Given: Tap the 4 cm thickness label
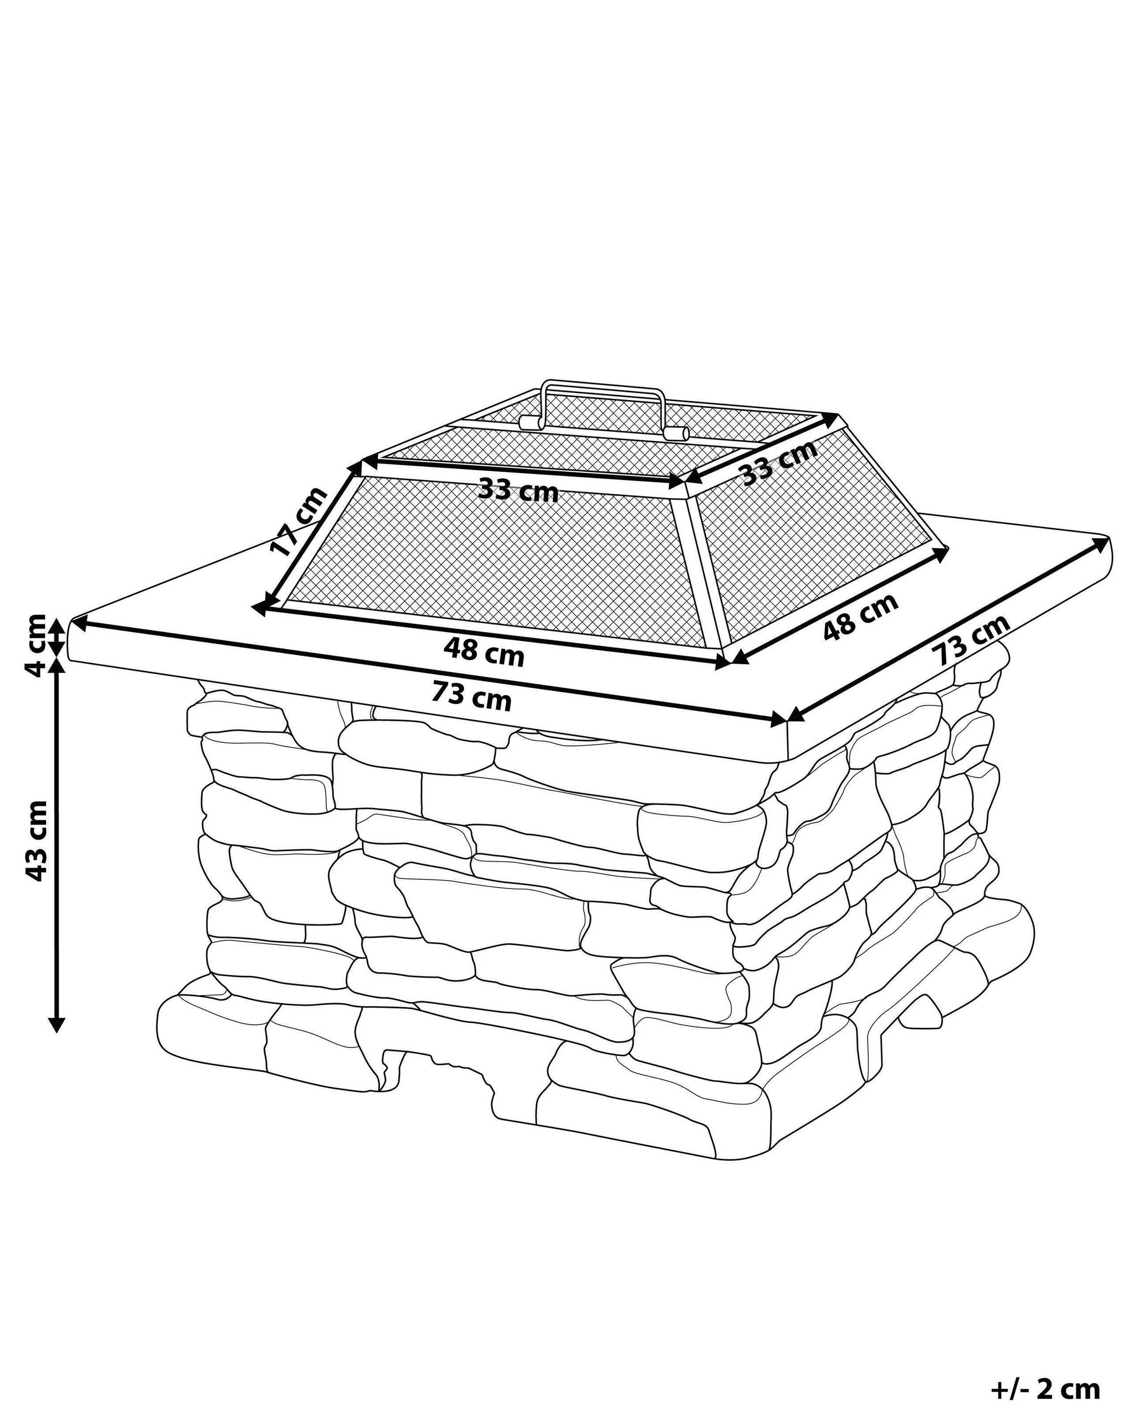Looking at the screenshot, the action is pyautogui.click(x=33, y=644).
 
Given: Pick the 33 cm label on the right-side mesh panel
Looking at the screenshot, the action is pyautogui.click(x=780, y=461).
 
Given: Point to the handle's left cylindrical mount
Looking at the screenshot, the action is pyautogui.click(x=530, y=422).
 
